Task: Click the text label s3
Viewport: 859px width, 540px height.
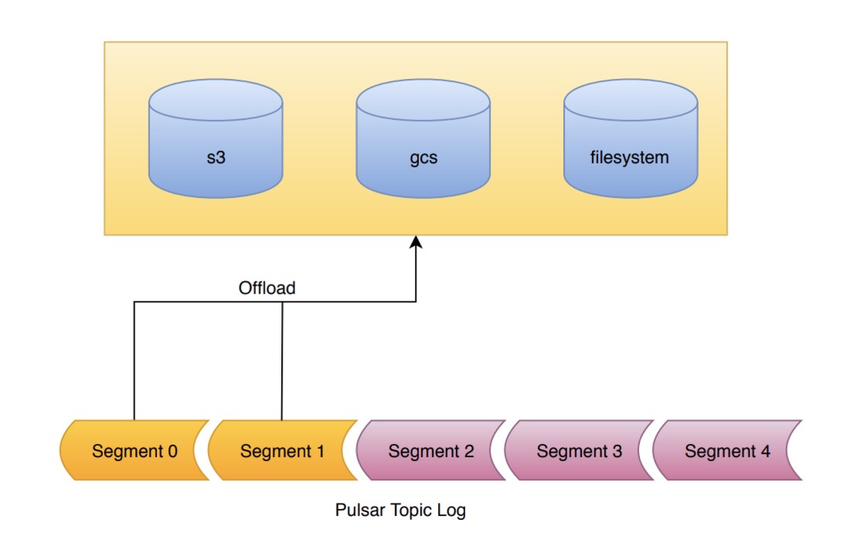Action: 215,158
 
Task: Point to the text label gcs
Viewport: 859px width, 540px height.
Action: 423,158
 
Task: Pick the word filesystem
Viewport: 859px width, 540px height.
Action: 629,158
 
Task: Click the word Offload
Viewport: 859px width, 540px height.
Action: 266,288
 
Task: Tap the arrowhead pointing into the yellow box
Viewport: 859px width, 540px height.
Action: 416,242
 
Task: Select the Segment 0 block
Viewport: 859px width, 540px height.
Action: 134,451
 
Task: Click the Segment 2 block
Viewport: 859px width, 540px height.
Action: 431,451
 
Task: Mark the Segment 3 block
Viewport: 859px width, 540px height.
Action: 579,451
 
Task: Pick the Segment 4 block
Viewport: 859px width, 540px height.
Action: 726,451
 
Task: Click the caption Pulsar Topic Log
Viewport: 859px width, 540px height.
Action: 400,511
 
